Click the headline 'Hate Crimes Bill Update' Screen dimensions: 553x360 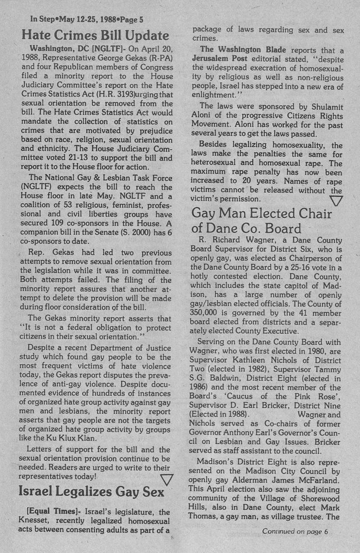[x=96, y=35]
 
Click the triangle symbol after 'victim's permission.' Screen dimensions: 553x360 [x=336, y=200]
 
